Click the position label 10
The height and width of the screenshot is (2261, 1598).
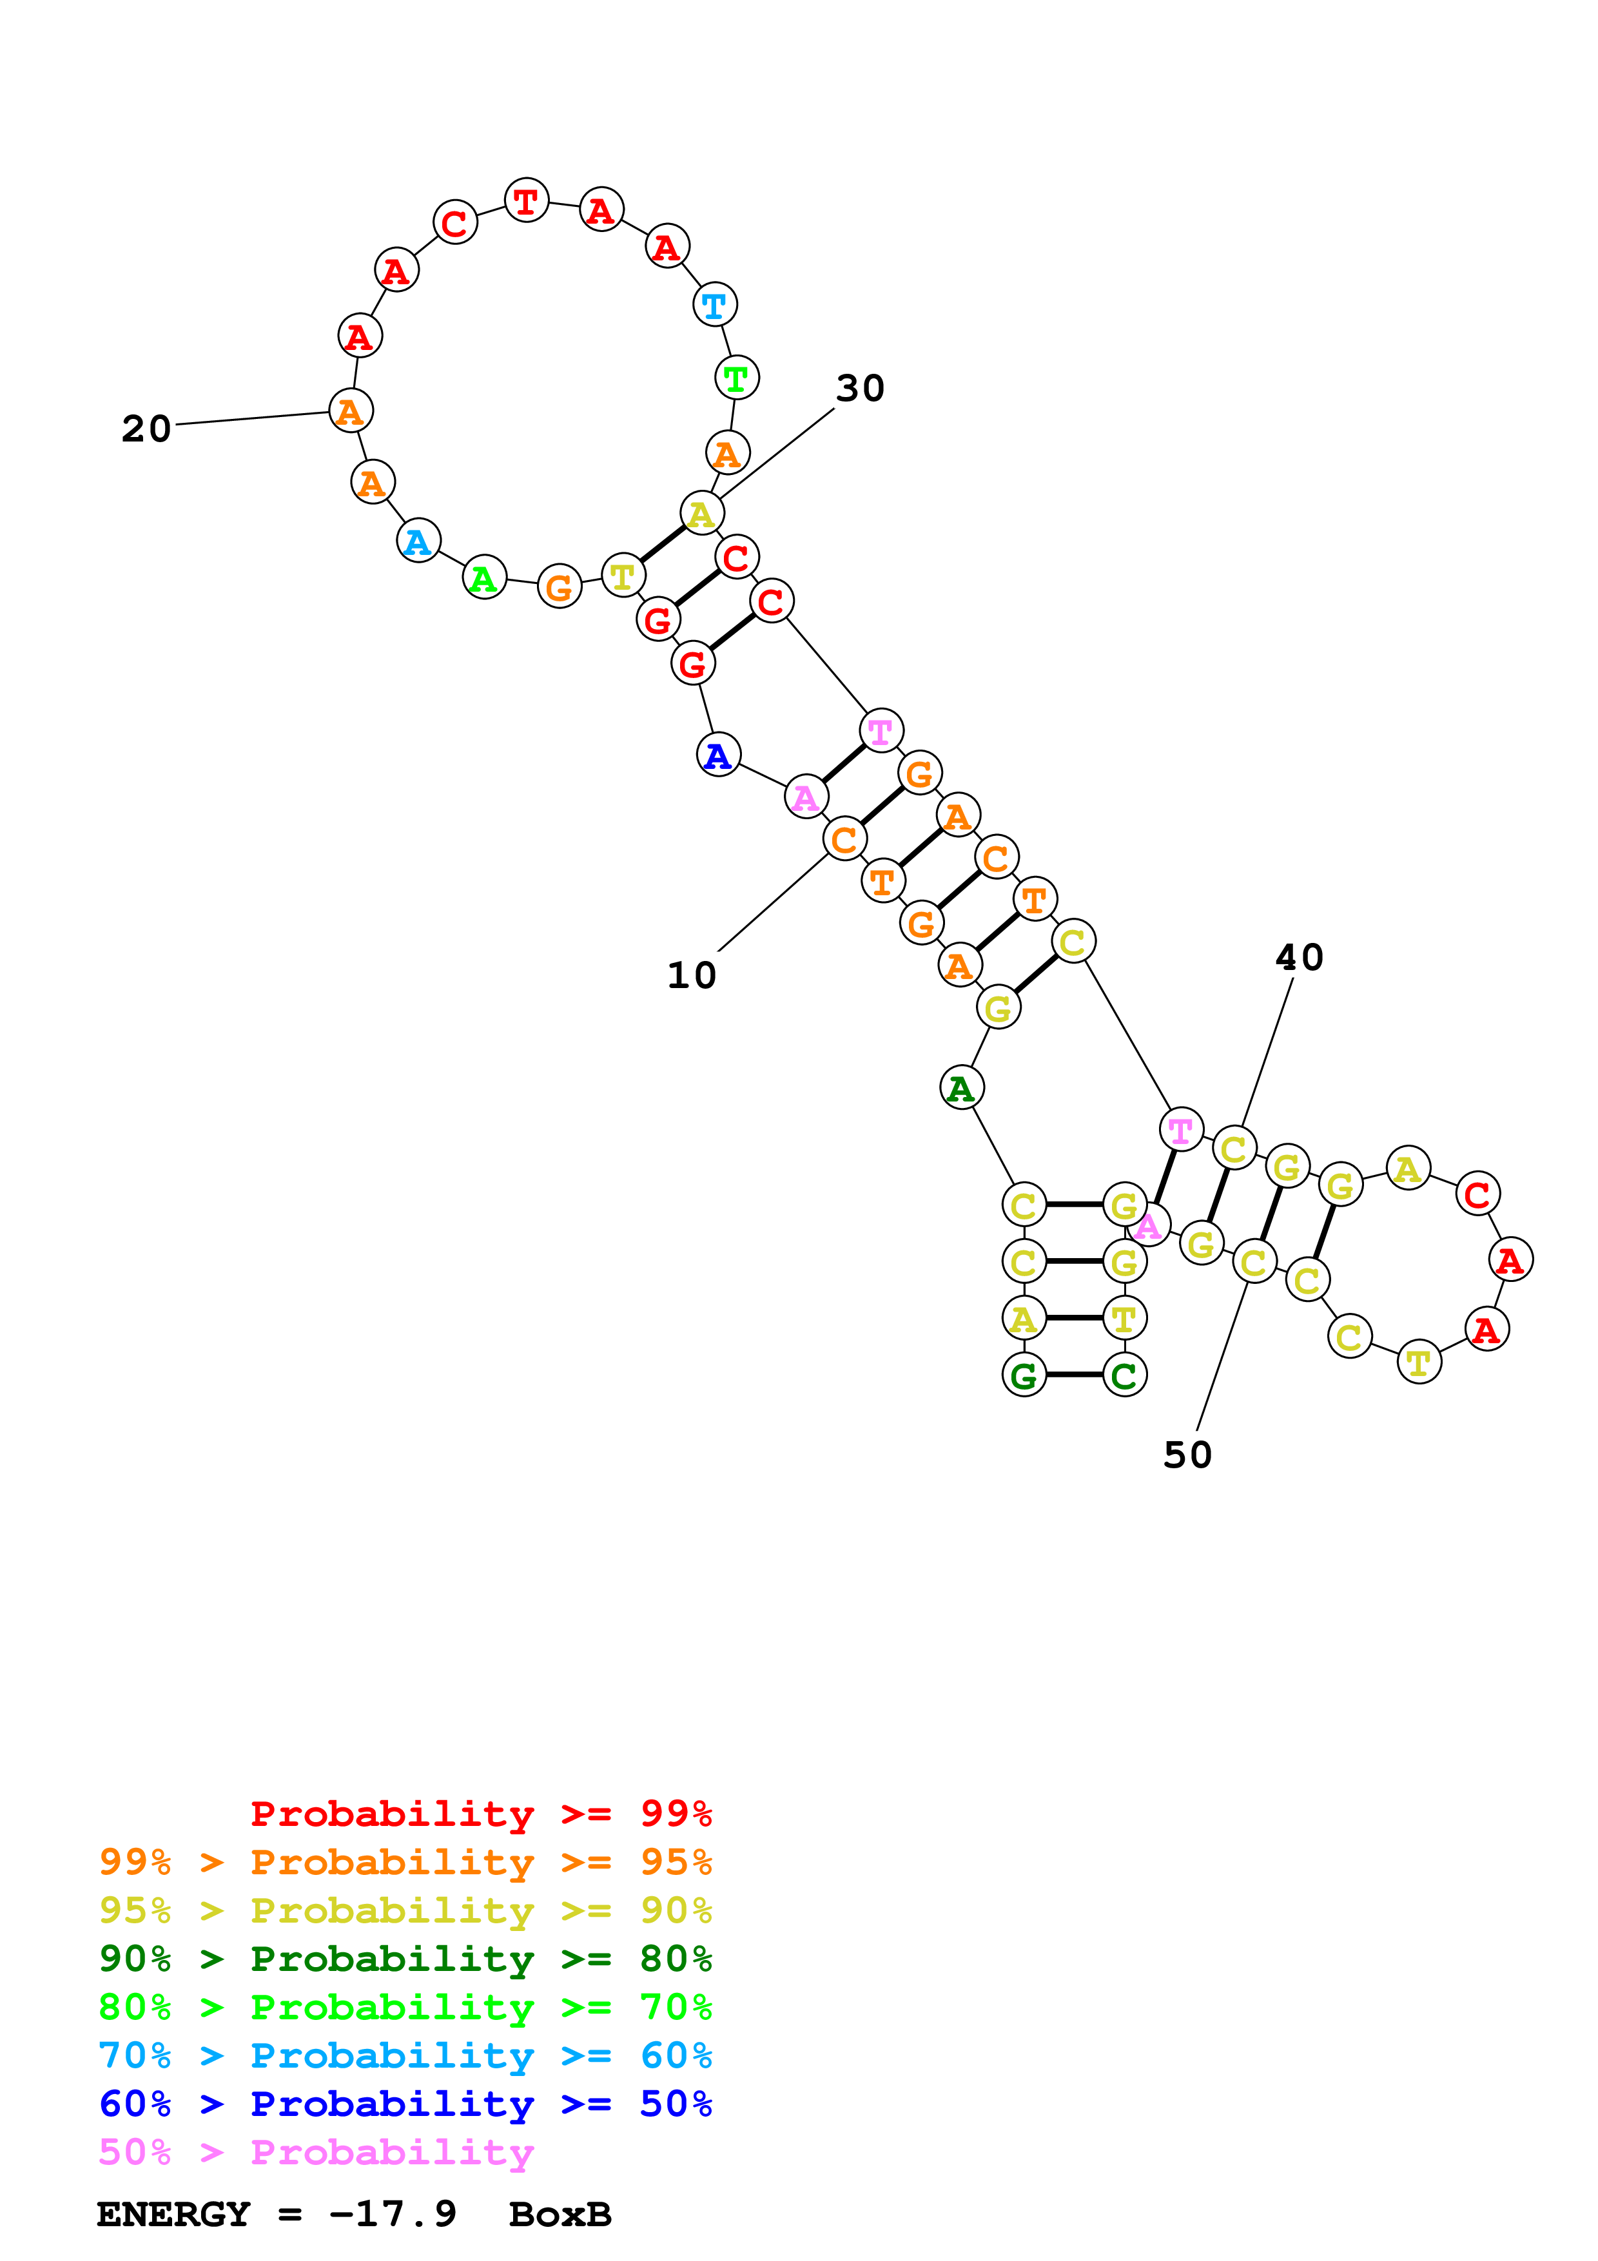click(691, 975)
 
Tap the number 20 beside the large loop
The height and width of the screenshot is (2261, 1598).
click(146, 429)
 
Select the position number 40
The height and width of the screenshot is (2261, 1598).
click(1299, 956)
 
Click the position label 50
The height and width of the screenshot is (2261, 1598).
click(1187, 1455)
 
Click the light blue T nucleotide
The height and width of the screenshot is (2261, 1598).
click(715, 306)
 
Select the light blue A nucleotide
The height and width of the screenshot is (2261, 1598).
click(418, 541)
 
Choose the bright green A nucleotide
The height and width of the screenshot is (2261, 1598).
click(484, 578)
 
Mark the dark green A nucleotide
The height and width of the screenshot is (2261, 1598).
click(961, 1087)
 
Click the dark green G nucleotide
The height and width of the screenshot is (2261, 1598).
click(1024, 1375)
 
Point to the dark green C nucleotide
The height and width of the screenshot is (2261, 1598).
click(1124, 1375)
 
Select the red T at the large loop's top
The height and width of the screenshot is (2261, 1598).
click(526, 201)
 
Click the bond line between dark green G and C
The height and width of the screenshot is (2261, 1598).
click(1074, 1375)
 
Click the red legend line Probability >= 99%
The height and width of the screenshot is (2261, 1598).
click(480, 1813)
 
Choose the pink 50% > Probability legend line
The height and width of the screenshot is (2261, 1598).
click(316, 2151)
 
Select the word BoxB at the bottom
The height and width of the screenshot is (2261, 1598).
click(560, 2214)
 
